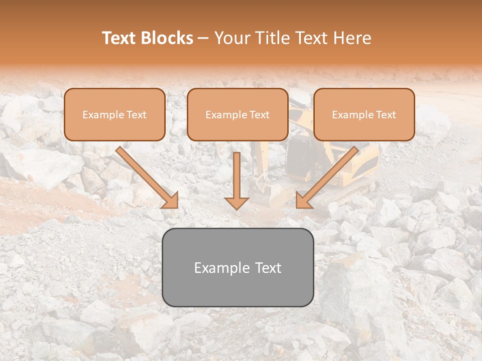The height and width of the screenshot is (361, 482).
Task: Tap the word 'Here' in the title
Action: point(353,38)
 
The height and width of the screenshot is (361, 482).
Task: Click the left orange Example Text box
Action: point(114,114)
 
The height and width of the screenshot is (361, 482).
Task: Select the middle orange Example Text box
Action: point(237,114)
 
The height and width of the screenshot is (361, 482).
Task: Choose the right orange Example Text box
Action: point(364,114)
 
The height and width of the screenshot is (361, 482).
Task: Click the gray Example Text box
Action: point(237,267)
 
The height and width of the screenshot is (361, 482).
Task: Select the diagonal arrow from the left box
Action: point(146,175)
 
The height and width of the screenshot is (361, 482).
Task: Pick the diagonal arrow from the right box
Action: point(329,175)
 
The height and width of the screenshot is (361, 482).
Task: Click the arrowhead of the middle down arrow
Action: point(236,203)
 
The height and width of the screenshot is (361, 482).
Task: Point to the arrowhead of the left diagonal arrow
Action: point(171,200)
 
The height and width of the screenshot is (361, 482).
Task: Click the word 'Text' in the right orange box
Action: point(385,115)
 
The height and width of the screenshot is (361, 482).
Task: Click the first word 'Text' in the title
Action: point(119,38)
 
